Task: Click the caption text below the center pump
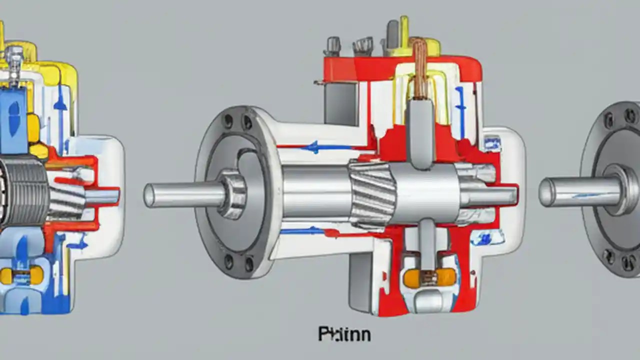tap(344, 333)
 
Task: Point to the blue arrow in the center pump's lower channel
tap(302, 230)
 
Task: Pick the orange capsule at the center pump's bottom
tap(429, 277)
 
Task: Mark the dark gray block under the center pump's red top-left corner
tap(340, 102)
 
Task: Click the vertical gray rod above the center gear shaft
tap(418, 132)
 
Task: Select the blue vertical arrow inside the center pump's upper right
tap(460, 107)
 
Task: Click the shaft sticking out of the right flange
tap(580, 191)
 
